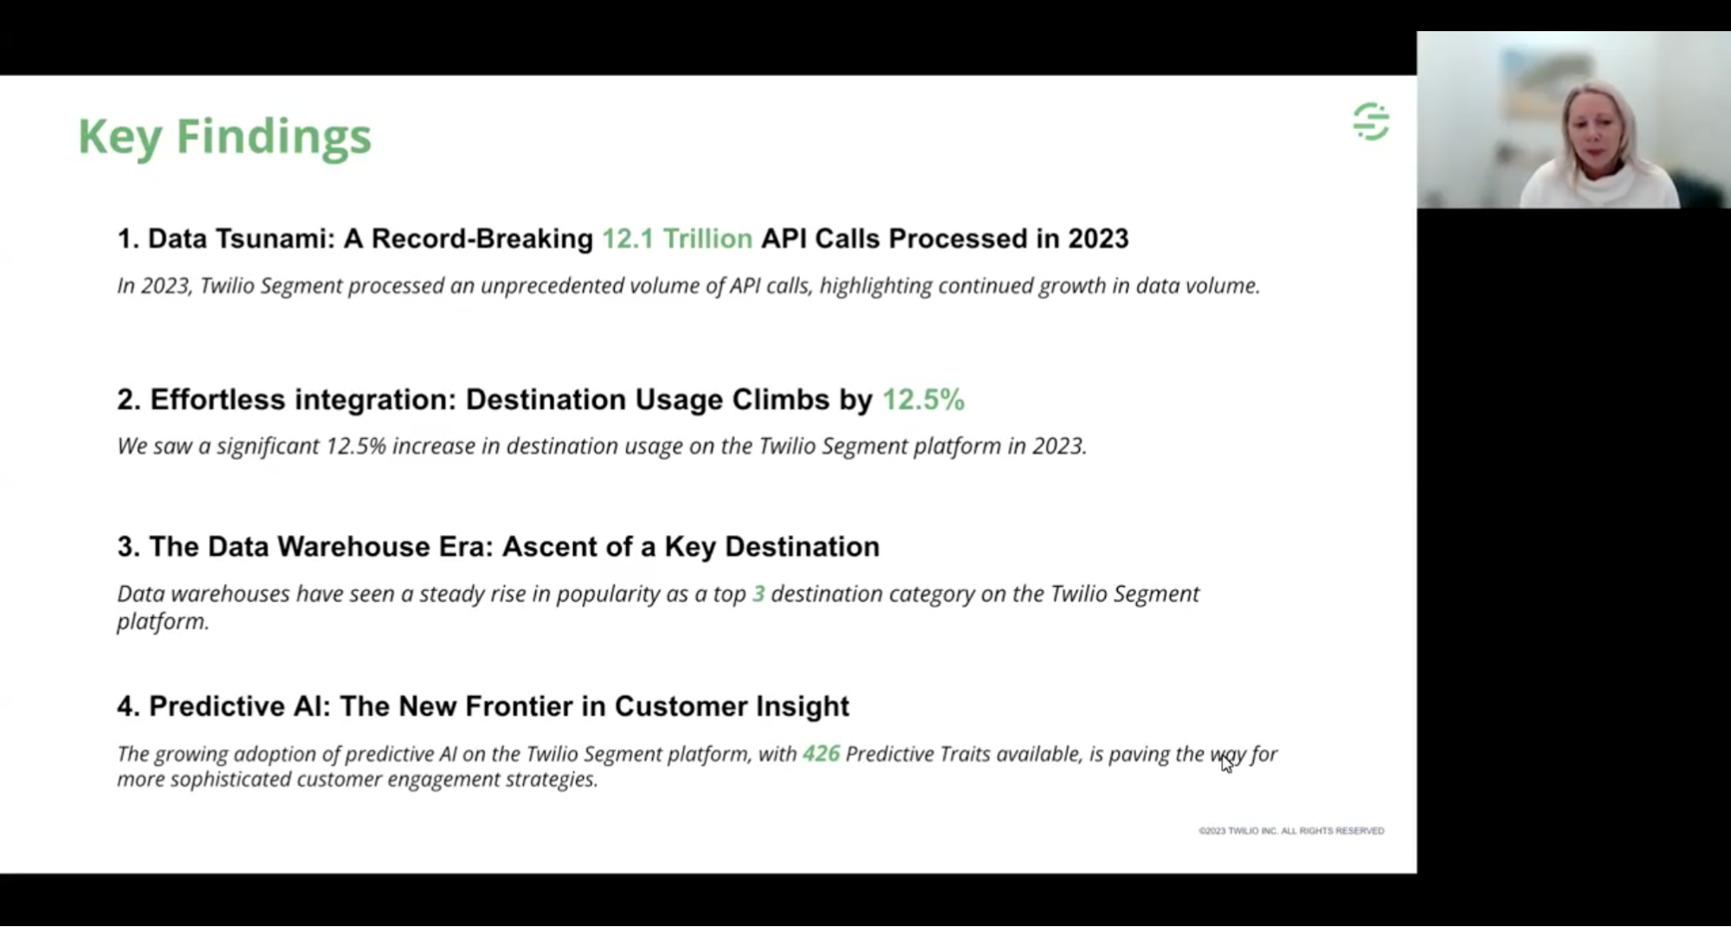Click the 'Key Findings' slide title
pyautogui.click(x=224, y=137)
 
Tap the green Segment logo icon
pyautogui.click(x=1371, y=121)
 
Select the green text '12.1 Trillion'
pyautogui.click(x=677, y=239)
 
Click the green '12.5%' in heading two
pyautogui.click(x=923, y=399)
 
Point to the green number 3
pyautogui.click(x=759, y=594)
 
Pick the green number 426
pyautogui.click(x=821, y=754)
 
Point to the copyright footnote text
pyautogui.click(x=1291, y=831)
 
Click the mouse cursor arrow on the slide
pyautogui.click(x=1226, y=763)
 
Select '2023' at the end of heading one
pyautogui.click(x=1098, y=239)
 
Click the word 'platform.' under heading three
pyautogui.click(x=163, y=621)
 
